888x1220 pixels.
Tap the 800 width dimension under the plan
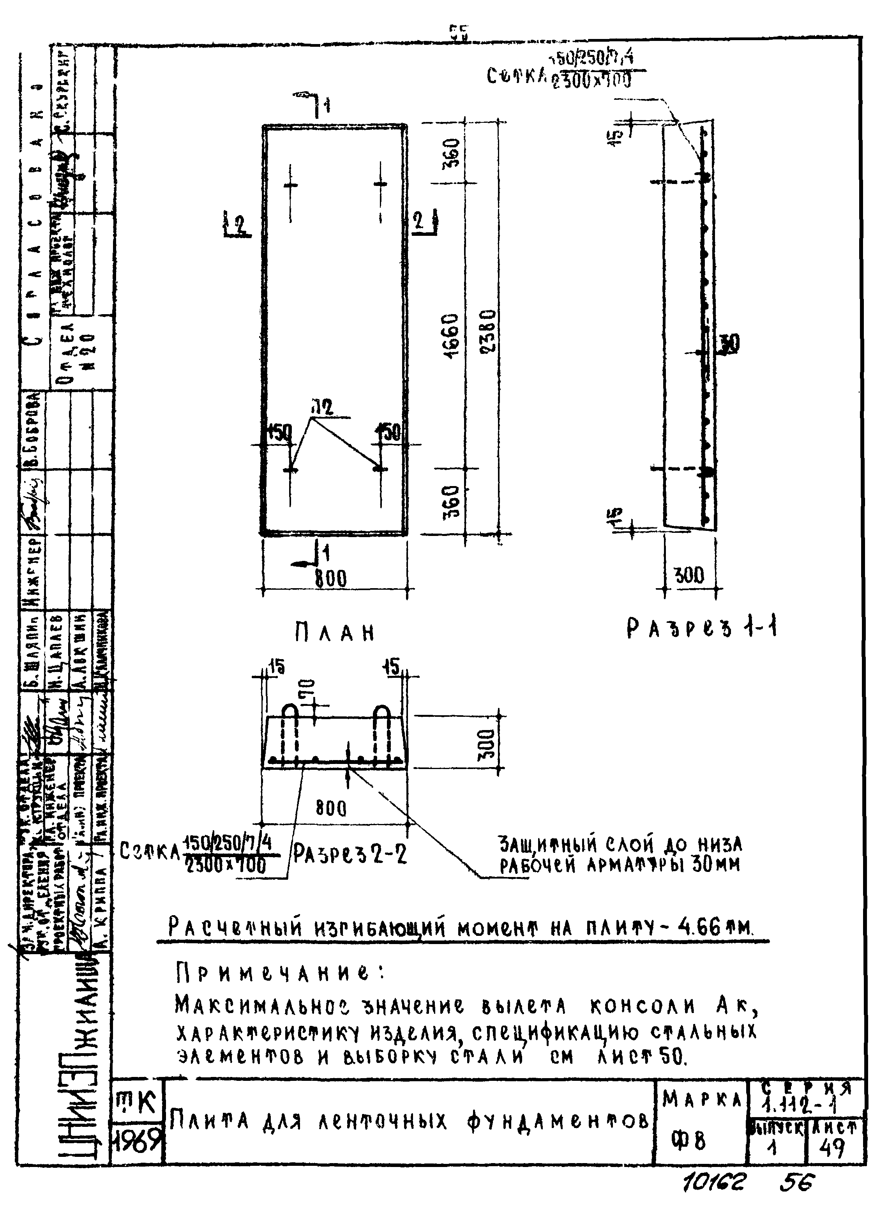[x=331, y=579]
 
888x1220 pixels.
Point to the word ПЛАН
[x=335, y=633]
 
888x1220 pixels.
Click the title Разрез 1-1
[x=702, y=628]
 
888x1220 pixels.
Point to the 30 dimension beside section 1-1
[x=730, y=343]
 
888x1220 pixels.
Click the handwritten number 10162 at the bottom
[x=713, y=1182]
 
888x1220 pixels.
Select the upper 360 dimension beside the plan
[x=453, y=153]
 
